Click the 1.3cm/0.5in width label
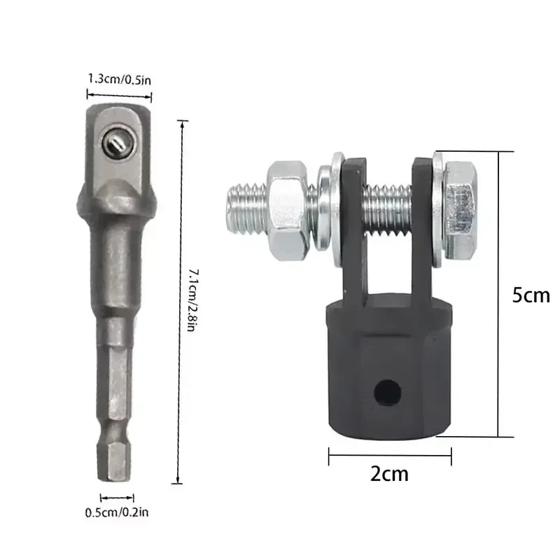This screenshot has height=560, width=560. click(119, 78)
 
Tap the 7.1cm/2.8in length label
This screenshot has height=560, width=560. click(193, 302)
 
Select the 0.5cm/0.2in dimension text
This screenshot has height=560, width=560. click(117, 512)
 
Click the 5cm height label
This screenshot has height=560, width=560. click(530, 295)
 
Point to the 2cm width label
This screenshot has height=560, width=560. click(390, 474)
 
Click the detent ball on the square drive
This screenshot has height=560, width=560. click(114, 143)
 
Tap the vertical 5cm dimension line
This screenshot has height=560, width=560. click(498, 294)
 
